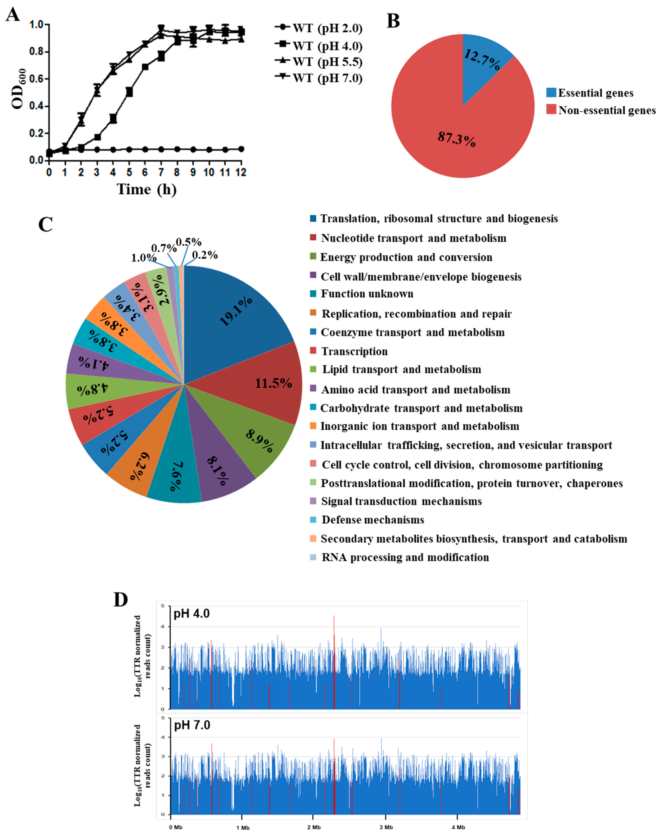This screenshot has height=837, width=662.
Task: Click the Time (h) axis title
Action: (x=147, y=189)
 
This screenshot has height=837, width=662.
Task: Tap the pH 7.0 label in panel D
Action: (x=192, y=725)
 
